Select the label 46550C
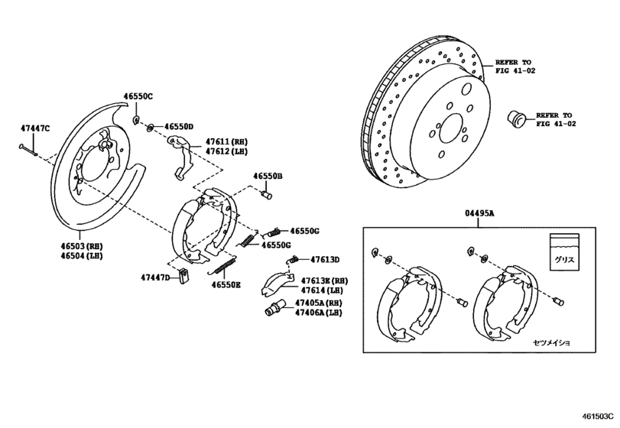point(138,97)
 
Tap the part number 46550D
point(177,127)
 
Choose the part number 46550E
point(226,284)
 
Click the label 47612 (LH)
point(227,151)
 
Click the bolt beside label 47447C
point(31,148)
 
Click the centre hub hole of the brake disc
point(451,128)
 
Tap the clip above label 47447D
point(183,276)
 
